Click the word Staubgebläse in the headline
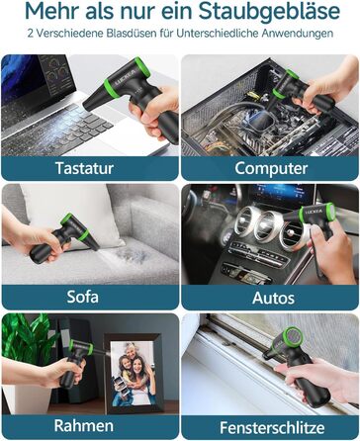click(x=269, y=12)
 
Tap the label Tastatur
click(x=84, y=168)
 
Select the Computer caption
click(x=271, y=168)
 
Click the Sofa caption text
click(x=82, y=297)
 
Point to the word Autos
click(x=273, y=298)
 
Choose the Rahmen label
click(x=84, y=425)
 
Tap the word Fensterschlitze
click(x=272, y=428)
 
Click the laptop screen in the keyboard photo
click(x=37, y=77)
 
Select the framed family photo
click(x=134, y=374)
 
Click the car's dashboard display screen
click(x=282, y=195)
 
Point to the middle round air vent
click(x=265, y=226)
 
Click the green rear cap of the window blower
click(x=291, y=337)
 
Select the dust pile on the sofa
click(x=132, y=255)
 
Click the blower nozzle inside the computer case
click(x=260, y=120)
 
